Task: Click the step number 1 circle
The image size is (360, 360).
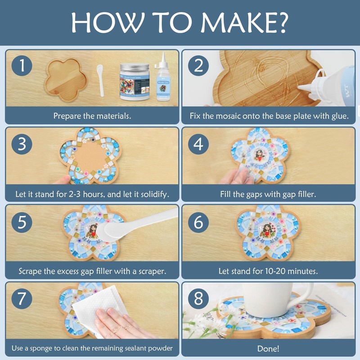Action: coord(22,65)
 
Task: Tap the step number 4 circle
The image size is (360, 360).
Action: coord(198,144)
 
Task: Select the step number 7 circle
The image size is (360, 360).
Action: coord(22,298)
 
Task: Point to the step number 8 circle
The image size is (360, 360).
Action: coord(198,299)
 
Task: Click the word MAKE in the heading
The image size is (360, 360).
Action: coord(237,22)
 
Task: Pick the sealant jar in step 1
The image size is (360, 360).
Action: coord(135,81)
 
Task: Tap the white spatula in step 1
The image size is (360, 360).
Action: coord(100,80)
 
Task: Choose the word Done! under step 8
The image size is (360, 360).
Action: coord(268,348)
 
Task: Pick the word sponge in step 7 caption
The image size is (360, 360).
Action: coord(40,348)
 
